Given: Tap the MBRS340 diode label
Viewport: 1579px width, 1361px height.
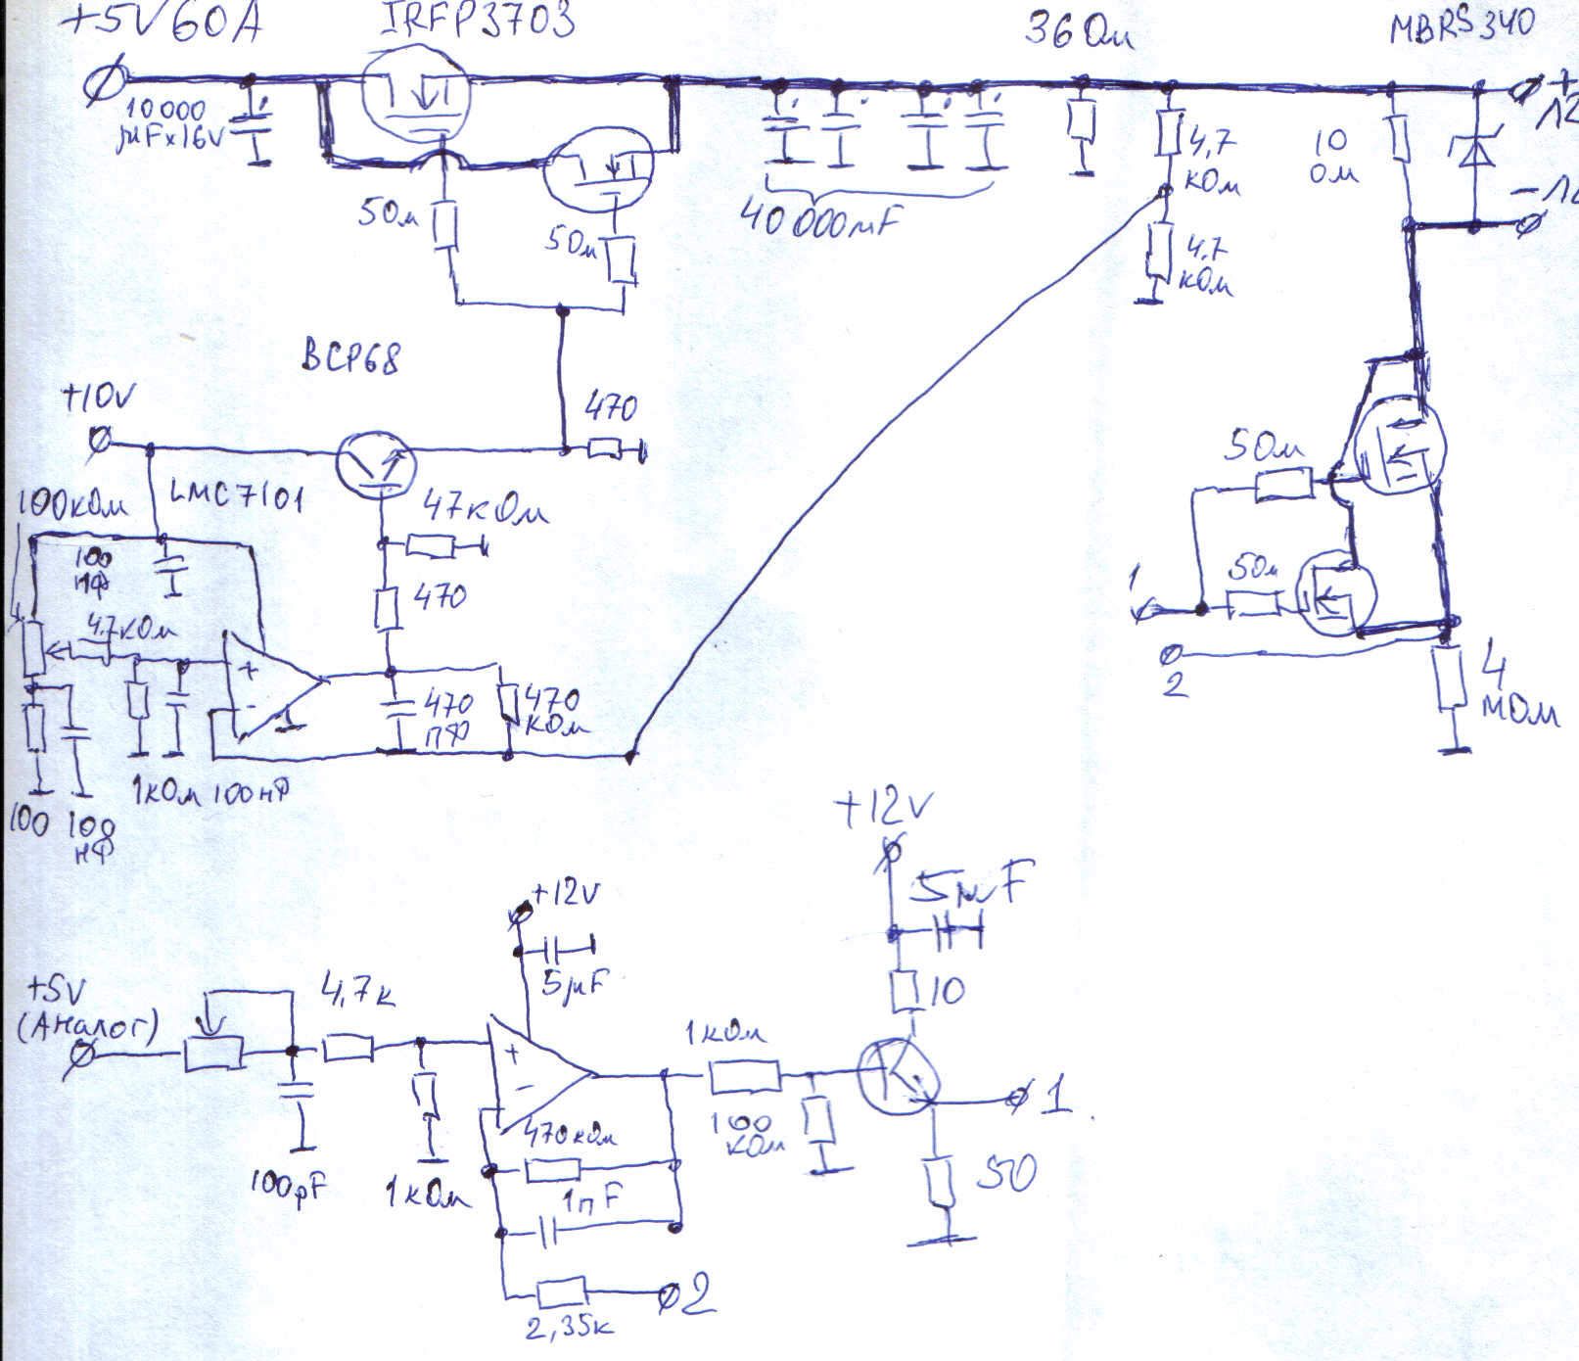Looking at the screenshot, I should pos(1462,24).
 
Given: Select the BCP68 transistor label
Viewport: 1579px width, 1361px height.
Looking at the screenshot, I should pos(350,359).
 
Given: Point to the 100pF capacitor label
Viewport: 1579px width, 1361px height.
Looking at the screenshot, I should pos(287,1187).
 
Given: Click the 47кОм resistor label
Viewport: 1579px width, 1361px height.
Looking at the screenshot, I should pos(486,511).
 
